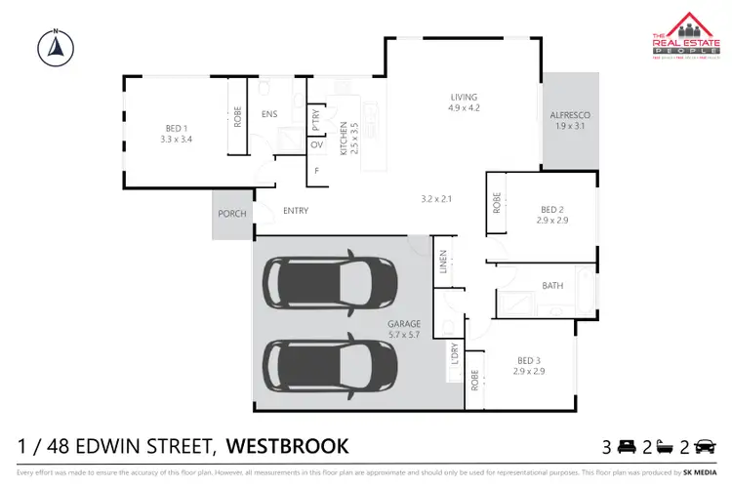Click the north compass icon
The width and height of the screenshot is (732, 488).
pos(55,44)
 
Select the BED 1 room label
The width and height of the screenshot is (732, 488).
pos(176,133)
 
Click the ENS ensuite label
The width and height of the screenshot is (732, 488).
pos(269,114)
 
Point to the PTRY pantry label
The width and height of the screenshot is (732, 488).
pos(317,120)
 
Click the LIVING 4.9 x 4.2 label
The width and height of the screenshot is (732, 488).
pos(464,102)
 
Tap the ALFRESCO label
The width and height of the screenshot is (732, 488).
pos(570,120)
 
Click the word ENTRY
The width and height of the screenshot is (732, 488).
pos(296,211)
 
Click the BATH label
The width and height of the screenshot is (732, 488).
pos(552,286)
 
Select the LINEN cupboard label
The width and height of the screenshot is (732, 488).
pos(443,264)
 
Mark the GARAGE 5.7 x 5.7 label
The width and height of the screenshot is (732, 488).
pos(403,329)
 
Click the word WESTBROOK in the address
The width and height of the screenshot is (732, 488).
pos(287,447)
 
